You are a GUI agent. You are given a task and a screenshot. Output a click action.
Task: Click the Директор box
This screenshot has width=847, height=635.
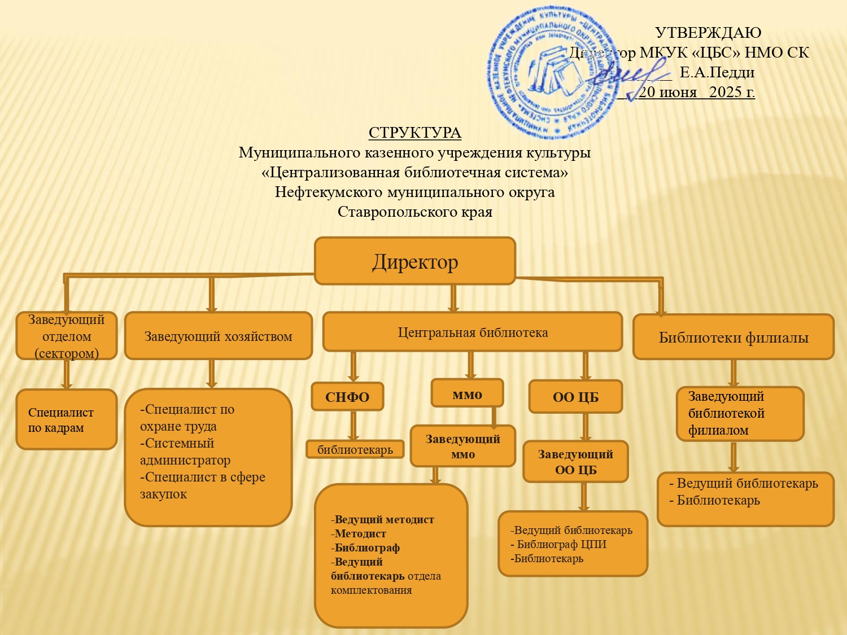tap(414, 261)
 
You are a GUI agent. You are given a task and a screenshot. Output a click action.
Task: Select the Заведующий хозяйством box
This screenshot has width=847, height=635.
tap(218, 336)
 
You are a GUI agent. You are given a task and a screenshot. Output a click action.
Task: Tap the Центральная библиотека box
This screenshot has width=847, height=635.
tap(472, 332)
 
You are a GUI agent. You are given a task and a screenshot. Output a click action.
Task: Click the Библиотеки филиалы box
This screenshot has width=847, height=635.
tap(733, 337)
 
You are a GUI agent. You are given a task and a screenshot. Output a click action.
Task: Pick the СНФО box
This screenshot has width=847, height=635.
tap(347, 397)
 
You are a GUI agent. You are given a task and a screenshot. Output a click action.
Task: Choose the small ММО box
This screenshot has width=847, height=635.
tap(467, 393)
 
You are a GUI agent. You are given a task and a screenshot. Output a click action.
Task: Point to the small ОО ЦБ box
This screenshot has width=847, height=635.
tap(575, 397)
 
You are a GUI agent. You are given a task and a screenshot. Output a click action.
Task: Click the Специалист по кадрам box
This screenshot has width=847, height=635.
tap(66, 419)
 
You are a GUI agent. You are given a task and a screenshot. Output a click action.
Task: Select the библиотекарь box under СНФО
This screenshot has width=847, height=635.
tap(355, 449)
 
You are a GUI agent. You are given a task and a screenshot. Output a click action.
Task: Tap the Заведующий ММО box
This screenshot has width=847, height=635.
tap(462, 446)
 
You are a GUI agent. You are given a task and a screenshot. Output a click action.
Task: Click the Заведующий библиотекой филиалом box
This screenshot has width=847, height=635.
tap(740, 413)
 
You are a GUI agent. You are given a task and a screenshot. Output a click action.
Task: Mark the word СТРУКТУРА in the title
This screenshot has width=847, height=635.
tap(414, 133)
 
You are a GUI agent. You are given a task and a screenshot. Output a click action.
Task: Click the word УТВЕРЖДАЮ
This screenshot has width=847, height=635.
tap(708, 33)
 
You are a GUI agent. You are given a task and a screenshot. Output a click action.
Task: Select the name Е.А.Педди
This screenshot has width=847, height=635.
tap(717, 72)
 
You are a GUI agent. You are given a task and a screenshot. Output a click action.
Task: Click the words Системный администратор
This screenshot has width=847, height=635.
tap(185, 452)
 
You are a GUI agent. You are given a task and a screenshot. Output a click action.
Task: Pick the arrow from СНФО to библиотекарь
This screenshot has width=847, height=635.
tap(353, 426)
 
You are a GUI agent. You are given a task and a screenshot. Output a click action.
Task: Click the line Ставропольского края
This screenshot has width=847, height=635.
tap(414, 212)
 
